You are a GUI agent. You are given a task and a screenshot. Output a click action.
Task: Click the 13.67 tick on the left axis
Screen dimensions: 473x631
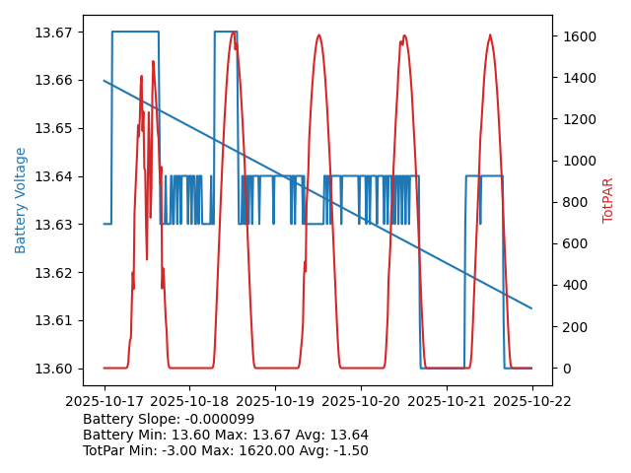(x=56, y=33)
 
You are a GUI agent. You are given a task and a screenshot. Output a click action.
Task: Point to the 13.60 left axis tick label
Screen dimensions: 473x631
(x=56, y=369)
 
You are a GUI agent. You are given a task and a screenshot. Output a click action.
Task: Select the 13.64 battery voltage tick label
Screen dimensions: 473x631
(x=56, y=176)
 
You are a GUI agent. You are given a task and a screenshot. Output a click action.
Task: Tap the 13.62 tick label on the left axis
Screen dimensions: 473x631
(x=56, y=273)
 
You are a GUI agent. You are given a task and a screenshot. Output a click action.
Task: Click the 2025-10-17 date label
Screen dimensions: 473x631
(x=104, y=401)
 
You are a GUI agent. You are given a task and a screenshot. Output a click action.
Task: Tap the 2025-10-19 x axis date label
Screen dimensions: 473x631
(x=275, y=401)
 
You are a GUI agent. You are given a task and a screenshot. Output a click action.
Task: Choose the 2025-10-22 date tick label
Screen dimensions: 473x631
(x=532, y=401)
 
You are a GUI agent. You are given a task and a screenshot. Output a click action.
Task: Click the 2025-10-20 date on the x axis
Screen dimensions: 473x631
(x=361, y=401)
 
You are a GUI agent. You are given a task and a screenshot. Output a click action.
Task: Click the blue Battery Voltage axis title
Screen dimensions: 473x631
(x=21, y=200)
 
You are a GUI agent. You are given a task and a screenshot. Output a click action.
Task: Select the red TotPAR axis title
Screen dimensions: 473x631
(x=608, y=200)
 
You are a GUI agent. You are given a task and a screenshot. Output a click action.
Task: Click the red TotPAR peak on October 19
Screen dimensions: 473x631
(x=318, y=35)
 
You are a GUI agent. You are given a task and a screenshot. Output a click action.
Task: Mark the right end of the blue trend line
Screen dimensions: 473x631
(x=532, y=308)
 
